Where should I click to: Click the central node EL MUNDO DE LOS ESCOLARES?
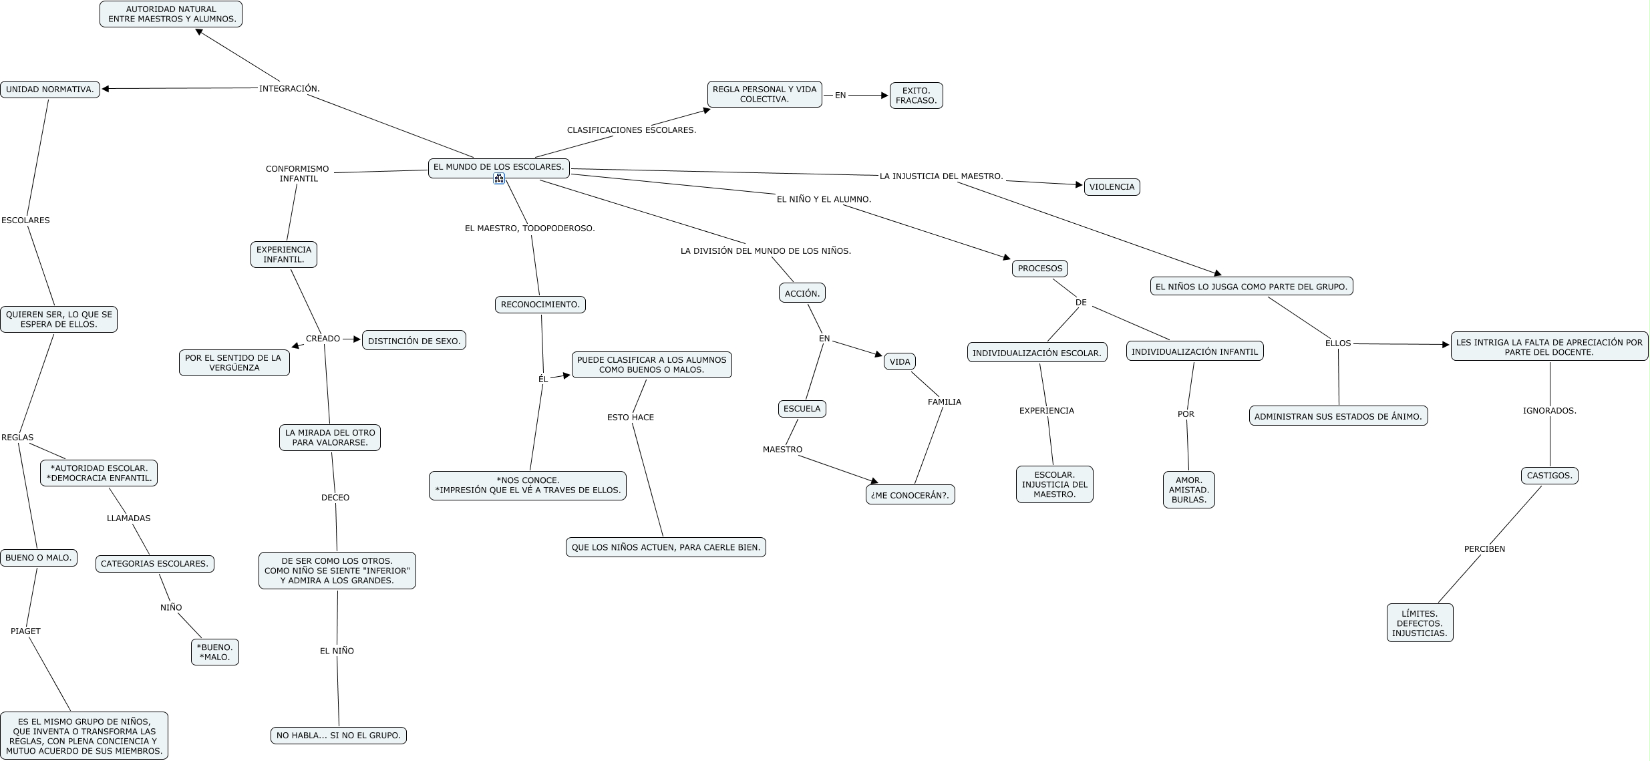coord(498,167)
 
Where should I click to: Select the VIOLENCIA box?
coord(1112,187)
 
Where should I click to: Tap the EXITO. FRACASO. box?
coord(916,96)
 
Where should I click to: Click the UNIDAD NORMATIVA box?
coord(50,90)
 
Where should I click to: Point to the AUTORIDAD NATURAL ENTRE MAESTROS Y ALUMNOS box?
coord(171,14)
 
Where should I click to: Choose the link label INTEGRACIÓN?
coord(289,88)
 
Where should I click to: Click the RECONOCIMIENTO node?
coord(540,305)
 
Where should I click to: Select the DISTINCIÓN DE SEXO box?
coord(414,341)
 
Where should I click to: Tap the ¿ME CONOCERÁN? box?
coord(910,495)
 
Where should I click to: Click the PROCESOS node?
coord(1039,269)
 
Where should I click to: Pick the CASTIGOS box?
coord(1549,476)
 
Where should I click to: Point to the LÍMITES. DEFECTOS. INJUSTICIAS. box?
coord(1420,623)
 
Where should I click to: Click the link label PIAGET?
coord(25,631)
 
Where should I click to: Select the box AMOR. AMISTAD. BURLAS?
coord(1188,490)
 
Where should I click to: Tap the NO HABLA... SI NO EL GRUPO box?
coord(338,736)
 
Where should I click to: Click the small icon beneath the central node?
coord(499,179)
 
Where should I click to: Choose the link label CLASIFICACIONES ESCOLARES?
coord(631,130)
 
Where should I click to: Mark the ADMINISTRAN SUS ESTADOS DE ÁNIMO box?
coord(1338,416)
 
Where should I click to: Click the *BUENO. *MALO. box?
coord(214,652)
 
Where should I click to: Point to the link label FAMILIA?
coord(944,402)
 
